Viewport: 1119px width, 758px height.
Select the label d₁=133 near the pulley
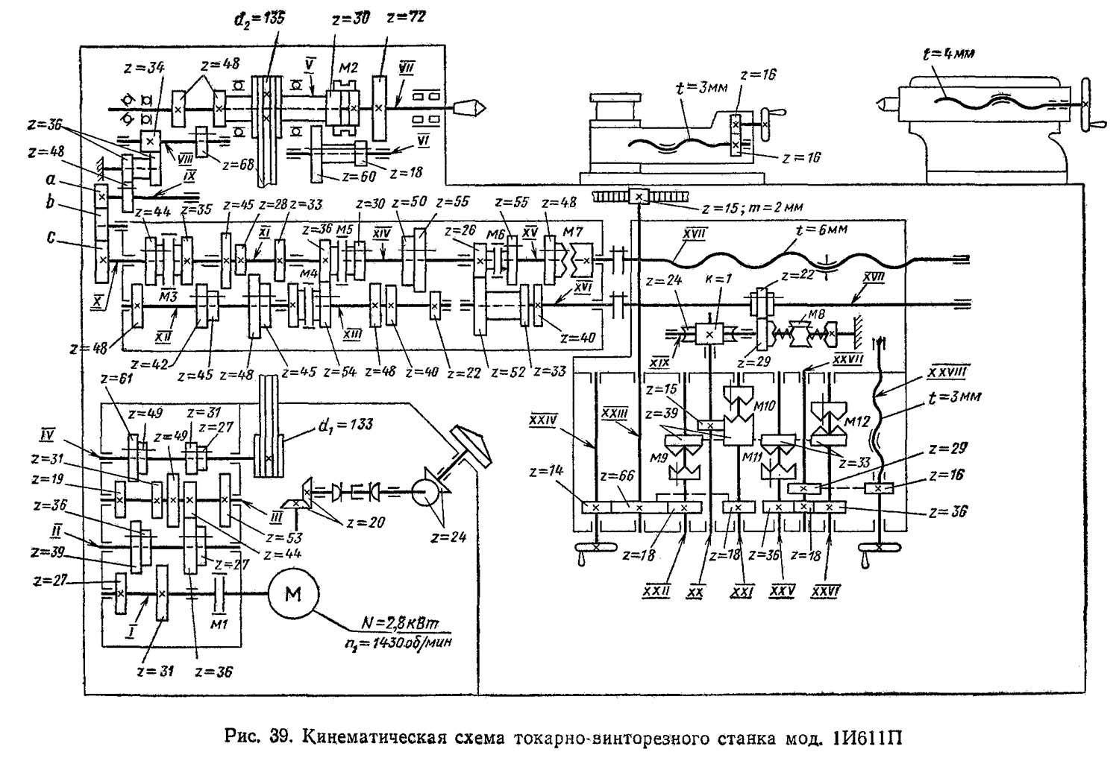click(339, 426)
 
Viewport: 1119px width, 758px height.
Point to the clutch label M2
click(348, 68)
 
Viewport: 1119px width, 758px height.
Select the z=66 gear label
click(614, 476)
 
